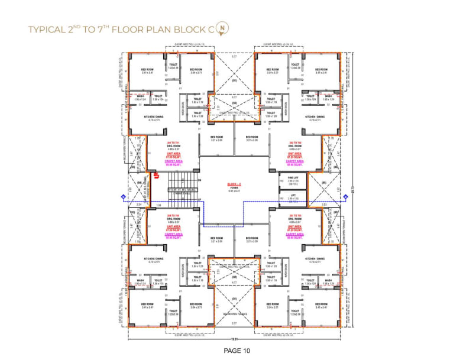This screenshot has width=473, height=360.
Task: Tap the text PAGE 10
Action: coord(237,351)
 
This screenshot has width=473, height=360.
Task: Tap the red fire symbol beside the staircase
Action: coord(157,175)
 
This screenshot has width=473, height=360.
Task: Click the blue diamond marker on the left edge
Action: coord(123,196)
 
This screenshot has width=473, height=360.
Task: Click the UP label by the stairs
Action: coord(200,199)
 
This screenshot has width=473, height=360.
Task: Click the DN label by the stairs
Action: coord(200,179)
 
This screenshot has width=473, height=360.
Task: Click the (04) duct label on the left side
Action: coord(139,183)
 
